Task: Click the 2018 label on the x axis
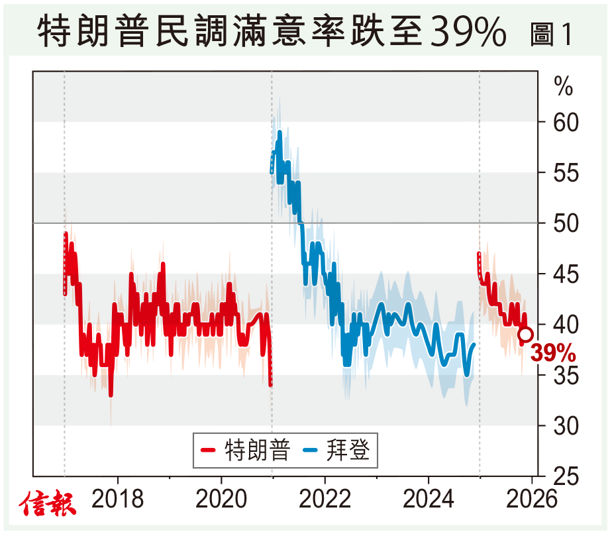pyautogui.click(x=117, y=500)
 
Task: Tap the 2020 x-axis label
pyautogui.click(x=221, y=500)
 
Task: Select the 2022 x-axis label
pyautogui.click(x=325, y=500)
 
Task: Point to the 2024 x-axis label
pyautogui.click(x=428, y=500)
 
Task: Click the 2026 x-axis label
pyautogui.click(x=532, y=500)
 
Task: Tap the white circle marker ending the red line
pyautogui.click(x=525, y=335)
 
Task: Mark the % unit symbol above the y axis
pyautogui.click(x=564, y=86)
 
